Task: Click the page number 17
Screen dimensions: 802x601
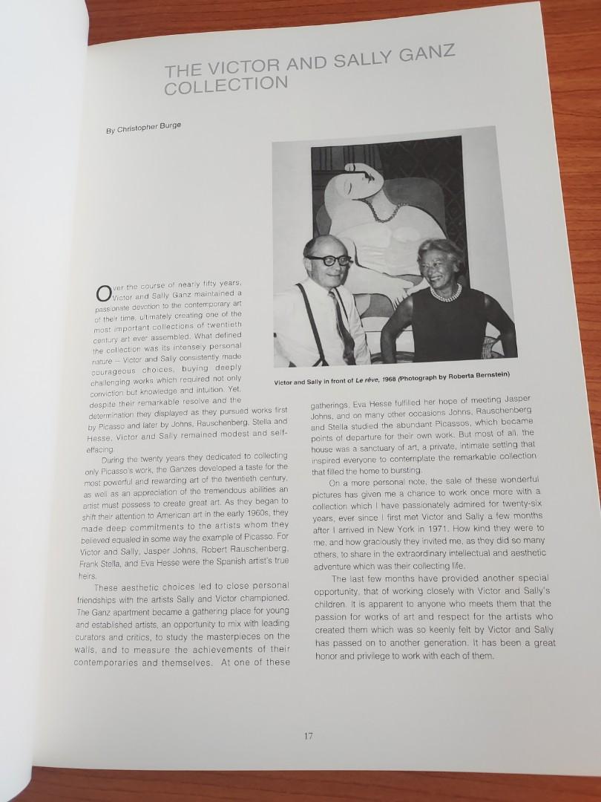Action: [309, 737]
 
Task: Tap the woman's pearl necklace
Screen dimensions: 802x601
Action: [445, 293]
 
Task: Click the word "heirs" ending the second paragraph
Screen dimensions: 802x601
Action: [88, 576]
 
